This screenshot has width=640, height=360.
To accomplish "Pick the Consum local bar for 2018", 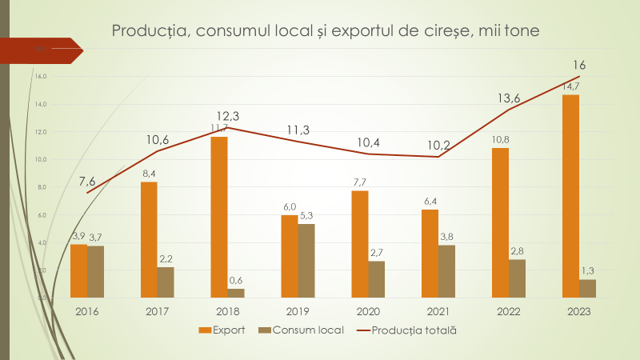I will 236,293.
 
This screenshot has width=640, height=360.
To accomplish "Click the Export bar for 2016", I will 78,270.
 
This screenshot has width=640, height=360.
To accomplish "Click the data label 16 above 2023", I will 580,65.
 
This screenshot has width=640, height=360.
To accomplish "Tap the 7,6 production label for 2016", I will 88,180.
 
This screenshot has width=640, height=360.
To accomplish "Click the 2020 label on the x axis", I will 368,311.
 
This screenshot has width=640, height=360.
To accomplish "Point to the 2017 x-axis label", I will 158,311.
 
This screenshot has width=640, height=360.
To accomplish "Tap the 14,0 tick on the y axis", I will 42,104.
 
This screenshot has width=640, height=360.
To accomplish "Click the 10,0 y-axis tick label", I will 42,159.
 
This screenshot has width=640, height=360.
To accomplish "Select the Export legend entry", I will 224,330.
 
